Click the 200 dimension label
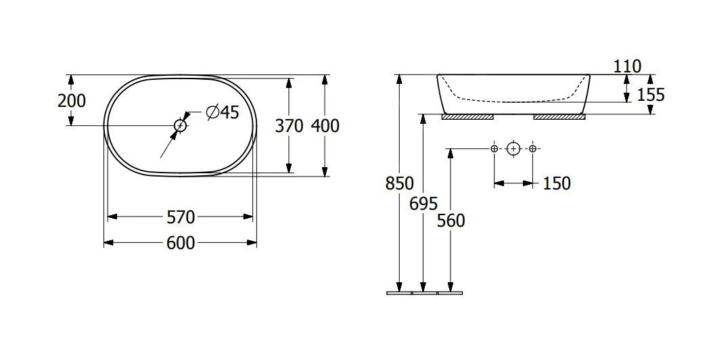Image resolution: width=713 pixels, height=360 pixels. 72,101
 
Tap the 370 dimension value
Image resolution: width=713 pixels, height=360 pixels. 289,126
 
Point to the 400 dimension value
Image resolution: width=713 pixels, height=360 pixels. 325,126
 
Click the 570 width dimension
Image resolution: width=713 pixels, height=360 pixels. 181,217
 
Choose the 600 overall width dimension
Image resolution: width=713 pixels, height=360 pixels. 181,243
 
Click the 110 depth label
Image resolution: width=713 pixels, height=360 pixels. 627,66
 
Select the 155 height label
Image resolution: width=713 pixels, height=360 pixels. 651,95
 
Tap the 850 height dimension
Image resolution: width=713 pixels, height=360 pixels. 400,183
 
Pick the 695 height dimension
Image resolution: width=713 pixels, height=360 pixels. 423,204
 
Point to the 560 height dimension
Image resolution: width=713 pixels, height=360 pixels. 451,221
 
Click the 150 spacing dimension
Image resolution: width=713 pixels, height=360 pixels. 557,183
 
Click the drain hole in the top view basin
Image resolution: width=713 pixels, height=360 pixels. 181,125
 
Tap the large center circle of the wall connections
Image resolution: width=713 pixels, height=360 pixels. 513,148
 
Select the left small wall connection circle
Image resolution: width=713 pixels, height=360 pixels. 495,148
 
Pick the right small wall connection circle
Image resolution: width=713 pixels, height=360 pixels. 532,148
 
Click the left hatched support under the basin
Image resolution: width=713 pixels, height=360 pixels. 467,117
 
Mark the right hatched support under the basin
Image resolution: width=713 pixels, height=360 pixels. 559,117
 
